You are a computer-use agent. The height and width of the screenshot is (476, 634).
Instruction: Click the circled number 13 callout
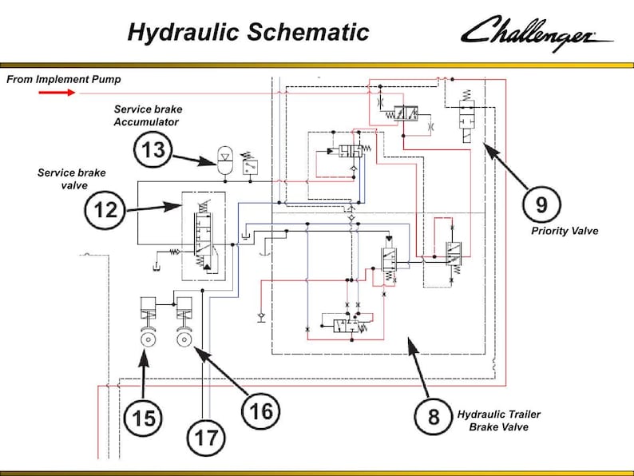click(153, 149)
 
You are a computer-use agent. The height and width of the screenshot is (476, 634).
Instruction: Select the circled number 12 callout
click(105, 210)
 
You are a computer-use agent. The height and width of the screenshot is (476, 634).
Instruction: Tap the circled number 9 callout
click(541, 204)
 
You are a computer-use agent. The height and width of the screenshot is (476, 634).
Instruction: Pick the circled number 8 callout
click(434, 417)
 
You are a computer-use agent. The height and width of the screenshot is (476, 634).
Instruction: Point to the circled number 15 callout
click(144, 418)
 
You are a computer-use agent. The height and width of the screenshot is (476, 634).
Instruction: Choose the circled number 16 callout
click(261, 411)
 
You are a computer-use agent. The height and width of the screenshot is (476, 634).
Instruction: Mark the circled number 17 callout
click(206, 438)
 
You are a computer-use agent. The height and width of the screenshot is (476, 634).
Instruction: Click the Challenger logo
click(537, 34)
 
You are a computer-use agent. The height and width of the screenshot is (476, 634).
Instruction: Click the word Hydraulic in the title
click(184, 33)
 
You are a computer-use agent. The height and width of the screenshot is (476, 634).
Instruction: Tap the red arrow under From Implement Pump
click(57, 93)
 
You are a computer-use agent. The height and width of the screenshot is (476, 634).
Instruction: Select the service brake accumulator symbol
click(225, 161)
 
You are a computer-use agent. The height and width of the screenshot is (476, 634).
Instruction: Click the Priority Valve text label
click(565, 231)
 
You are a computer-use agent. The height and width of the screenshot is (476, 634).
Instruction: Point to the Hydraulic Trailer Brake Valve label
click(499, 421)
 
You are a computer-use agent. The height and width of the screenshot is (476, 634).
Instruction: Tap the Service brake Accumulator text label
click(147, 115)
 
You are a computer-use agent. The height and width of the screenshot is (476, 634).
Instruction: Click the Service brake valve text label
click(72, 179)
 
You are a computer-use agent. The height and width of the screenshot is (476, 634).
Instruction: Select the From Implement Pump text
click(64, 79)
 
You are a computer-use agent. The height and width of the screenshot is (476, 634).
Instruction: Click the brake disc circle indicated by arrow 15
click(149, 339)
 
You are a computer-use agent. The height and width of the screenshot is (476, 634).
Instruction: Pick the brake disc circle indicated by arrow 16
click(184, 339)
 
